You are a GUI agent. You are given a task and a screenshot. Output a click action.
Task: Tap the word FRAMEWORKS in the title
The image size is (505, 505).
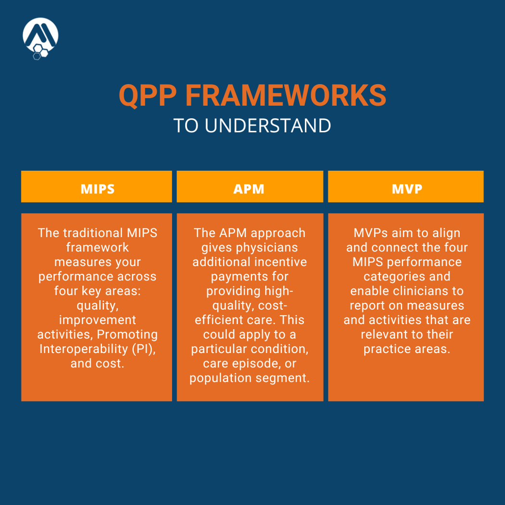tap(286, 95)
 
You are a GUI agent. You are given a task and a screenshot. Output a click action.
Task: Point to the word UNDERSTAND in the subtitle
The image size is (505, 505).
tap(268, 126)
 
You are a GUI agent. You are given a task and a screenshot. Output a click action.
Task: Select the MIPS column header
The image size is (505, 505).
tap(97, 189)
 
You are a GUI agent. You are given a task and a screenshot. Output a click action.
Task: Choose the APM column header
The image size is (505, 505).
tap(249, 189)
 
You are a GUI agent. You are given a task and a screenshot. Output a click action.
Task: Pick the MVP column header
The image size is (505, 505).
tap(406, 189)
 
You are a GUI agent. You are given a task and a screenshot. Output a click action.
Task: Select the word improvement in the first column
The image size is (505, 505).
tap(97, 320)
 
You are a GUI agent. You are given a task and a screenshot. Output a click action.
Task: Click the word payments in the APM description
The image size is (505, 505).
tap(249, 277)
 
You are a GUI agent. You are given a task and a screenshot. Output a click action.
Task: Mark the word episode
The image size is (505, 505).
tap(259, 363)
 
